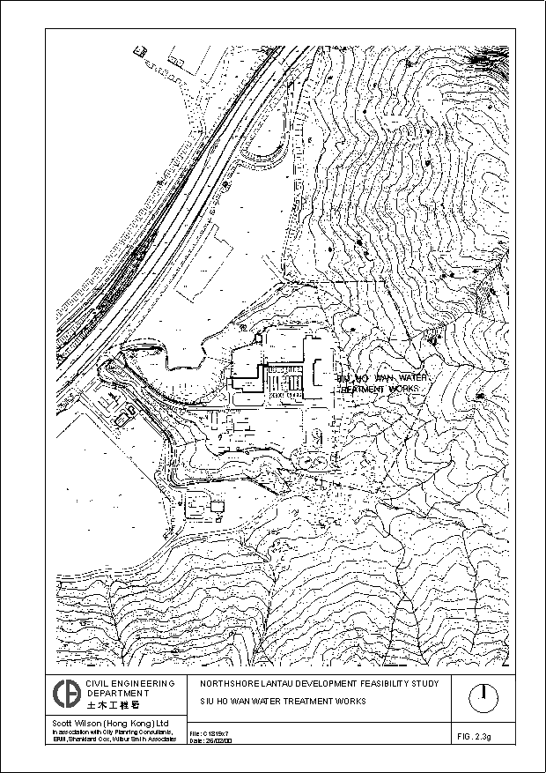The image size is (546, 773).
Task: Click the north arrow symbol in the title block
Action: pos(483,698)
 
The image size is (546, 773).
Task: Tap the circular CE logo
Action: pos(65,694)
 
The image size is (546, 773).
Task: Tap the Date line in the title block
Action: pos(211,741)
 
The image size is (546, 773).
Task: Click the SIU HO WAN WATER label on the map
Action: pos(380,377)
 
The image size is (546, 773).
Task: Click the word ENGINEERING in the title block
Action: pos(135,684)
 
